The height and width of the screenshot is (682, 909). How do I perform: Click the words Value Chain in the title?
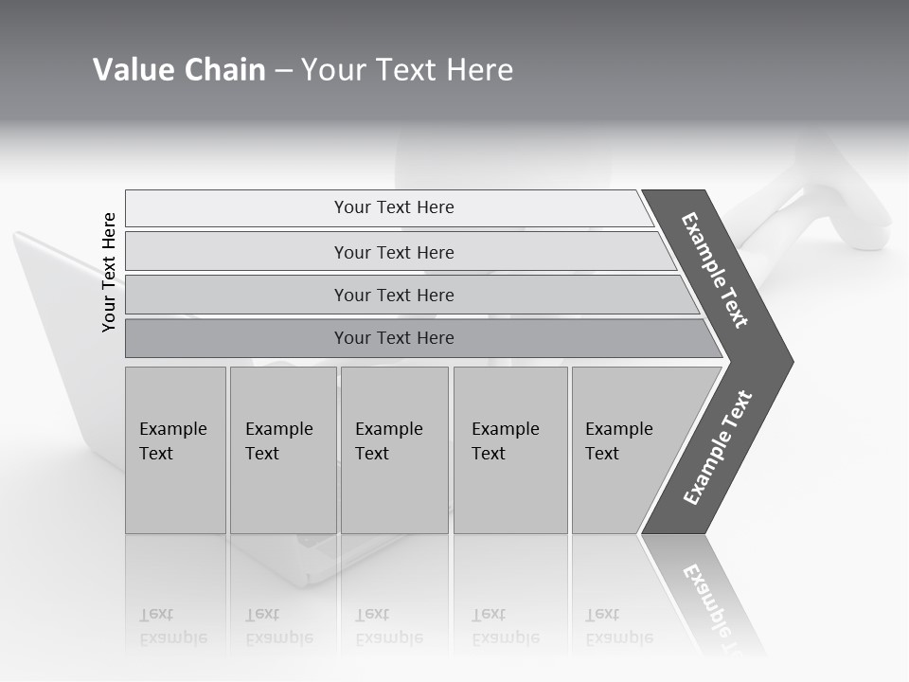(179, 70)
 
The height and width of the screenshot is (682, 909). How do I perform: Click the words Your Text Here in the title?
(407, 70)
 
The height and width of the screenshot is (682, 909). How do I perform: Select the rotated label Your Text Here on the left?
(109, 273)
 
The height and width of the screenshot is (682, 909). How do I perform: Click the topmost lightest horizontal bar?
(394, 207)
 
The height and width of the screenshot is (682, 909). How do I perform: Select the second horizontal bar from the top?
(394, 252)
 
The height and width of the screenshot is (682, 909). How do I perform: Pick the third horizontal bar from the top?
(394, 295)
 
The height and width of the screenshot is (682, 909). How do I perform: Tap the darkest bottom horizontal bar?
(394, 338)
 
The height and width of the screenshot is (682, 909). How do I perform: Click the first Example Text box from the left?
(175, 450)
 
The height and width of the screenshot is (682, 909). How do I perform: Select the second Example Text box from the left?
(282, 450)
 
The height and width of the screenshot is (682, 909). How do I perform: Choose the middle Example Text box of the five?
(394, 450)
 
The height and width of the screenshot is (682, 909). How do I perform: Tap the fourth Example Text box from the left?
(510, 450)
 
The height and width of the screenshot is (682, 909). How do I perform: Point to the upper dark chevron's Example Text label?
(715, 270)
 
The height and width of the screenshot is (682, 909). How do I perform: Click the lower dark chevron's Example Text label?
(718, 447)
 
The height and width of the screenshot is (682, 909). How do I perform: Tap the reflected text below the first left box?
(172, 626)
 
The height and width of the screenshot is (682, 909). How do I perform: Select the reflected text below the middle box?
(388, 626)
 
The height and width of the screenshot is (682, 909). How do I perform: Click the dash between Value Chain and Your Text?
(283, 71)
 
